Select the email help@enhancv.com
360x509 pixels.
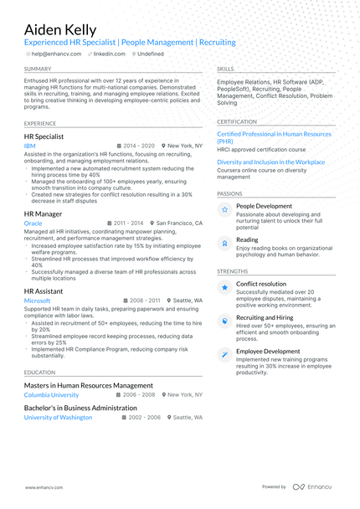coord(56,54)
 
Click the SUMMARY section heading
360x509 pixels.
coord(38,69)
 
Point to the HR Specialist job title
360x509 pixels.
coord(44,136)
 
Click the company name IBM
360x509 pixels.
coord(30,146)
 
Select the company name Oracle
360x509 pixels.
coord(33,224)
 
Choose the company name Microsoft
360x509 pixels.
coord(37,301)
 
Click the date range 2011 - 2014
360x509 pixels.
coord(128,224)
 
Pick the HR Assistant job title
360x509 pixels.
coord(44,290)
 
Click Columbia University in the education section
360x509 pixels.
coord(51,394)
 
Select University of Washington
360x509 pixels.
coord(58,417)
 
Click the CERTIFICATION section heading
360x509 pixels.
coord(238,121)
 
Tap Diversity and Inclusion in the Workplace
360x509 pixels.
coord(270,162)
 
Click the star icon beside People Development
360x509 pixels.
coord(224,210)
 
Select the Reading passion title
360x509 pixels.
coord(247,239)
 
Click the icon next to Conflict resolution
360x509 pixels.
coord(224,288)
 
